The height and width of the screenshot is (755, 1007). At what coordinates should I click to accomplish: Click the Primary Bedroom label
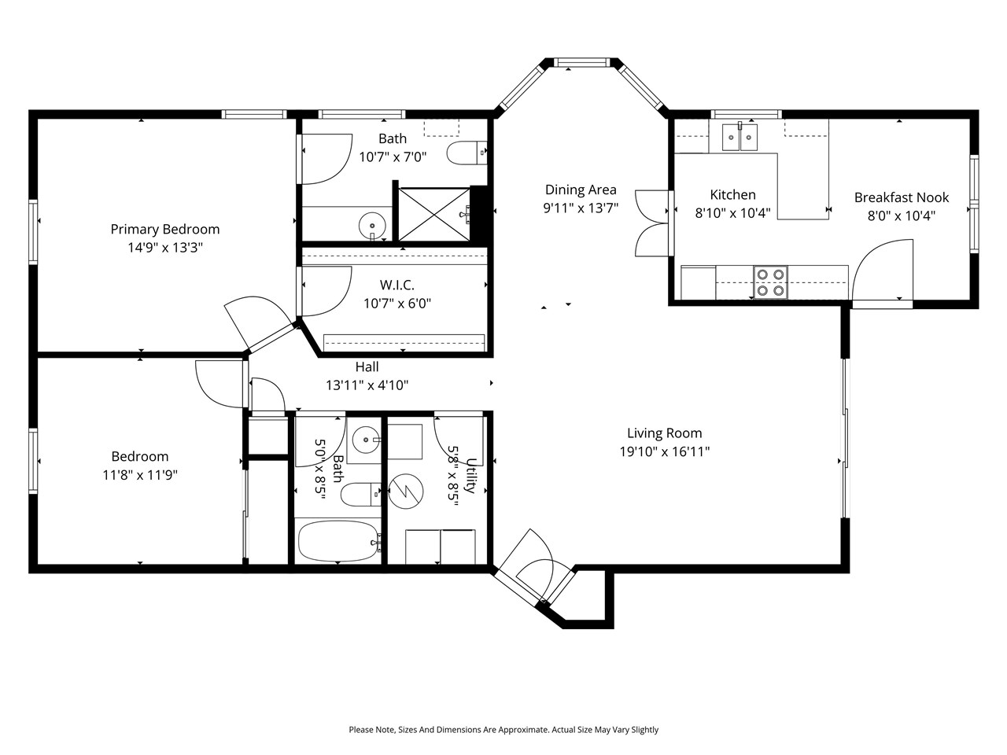coord(164,230)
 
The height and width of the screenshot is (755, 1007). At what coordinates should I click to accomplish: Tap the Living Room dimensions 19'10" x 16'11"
coord(664,451)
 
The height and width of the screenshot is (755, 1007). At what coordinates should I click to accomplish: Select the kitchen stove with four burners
coord(770,282)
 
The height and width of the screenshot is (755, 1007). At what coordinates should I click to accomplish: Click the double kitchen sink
coord(740,138)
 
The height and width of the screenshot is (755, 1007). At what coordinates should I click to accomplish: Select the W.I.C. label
coord(397,285)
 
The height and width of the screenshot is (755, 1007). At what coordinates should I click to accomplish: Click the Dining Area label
coord(581,190)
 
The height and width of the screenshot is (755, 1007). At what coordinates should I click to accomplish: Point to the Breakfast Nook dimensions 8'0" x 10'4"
coord(902,215)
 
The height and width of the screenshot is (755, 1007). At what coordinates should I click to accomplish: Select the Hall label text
coord(367,366)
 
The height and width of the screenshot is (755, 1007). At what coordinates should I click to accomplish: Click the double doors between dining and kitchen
coord(652,223)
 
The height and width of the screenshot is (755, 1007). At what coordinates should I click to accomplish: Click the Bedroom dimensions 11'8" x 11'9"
coord(139,475)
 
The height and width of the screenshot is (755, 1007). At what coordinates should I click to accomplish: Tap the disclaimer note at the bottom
coord(503,730)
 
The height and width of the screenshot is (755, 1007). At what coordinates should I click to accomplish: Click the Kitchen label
coord(732,195)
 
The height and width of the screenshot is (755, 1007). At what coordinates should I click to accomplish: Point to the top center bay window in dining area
coord(581,62)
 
